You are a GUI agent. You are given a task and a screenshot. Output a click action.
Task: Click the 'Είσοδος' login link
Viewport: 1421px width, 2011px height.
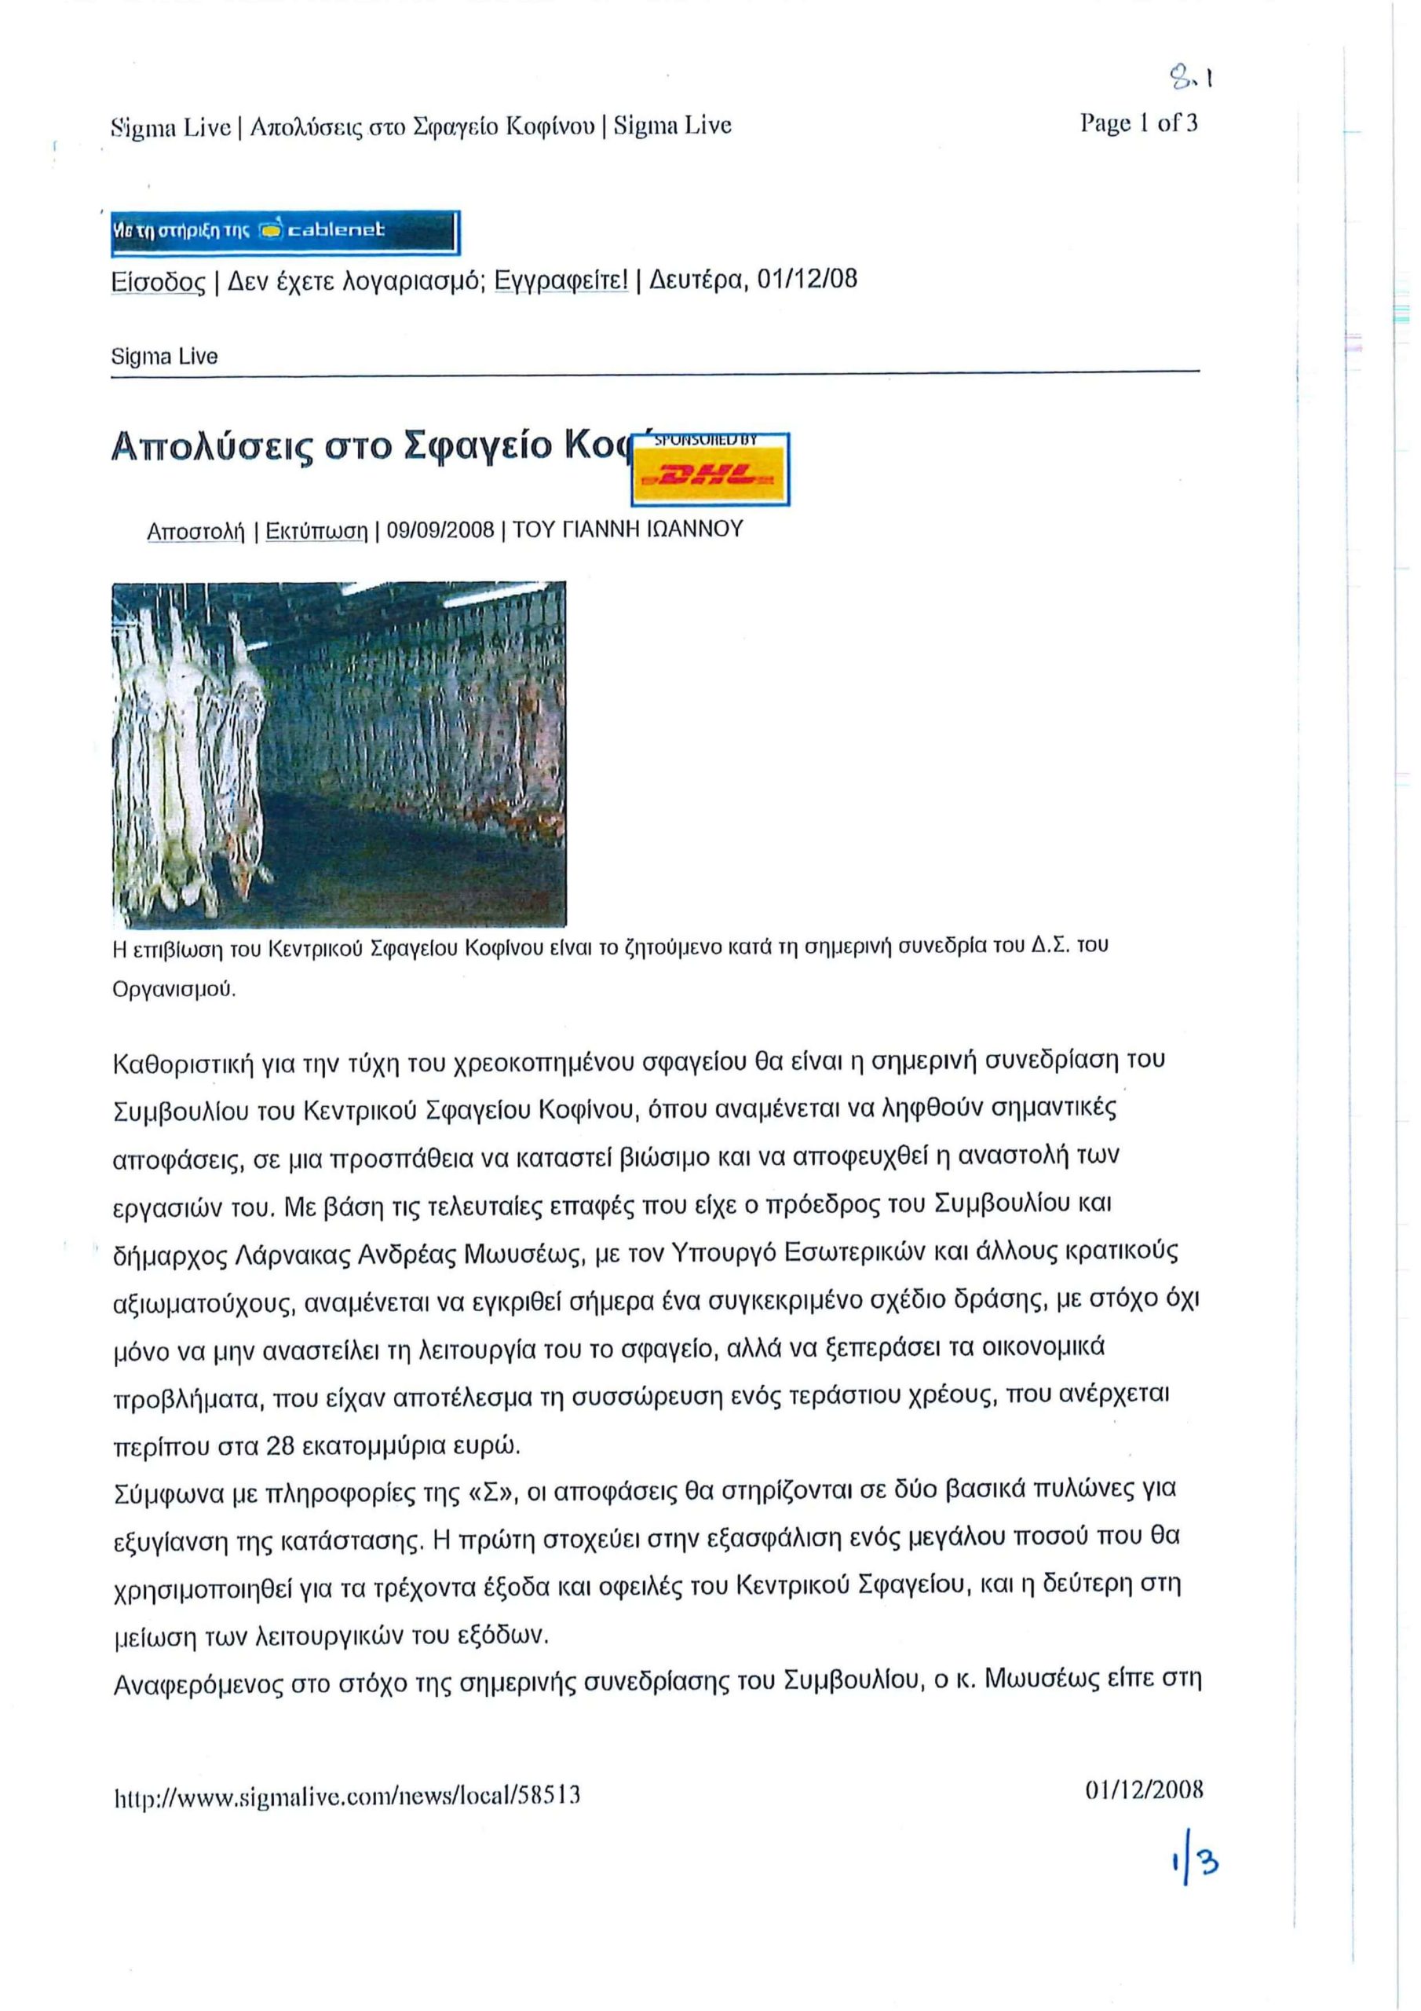pyautogui.click(x=158, y=281)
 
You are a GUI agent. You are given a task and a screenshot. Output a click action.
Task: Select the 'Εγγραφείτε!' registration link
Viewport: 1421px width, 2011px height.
pyautogui.click(x=561, y=280)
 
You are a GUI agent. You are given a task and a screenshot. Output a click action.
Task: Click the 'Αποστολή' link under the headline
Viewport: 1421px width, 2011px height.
pyautogui.click(x=195, y=531)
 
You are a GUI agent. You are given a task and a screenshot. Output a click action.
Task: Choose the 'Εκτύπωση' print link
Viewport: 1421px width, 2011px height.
pyautogui.click(x=316, y=531)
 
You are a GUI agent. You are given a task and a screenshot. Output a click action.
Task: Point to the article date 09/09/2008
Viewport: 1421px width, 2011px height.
pyautogui.click(x=440, y=531)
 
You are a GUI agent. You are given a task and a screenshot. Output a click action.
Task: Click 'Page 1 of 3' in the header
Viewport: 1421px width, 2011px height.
pyautogui.click(x=1138, y=123)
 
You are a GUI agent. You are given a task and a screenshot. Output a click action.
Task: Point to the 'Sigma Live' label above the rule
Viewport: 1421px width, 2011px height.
pyautogui.click(x=165, y=357)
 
